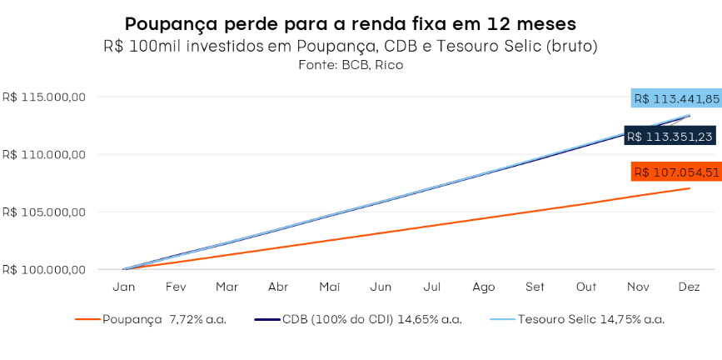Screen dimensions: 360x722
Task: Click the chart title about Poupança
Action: pyautogui.click(x=350, y=22)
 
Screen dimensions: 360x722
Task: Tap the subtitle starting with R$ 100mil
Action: pyautogui.click(x=350, y=46)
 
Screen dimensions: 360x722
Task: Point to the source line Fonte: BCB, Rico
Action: pyautogui.click(x=350, y=64)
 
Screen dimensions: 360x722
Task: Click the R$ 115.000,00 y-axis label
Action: pyautogui.click(x=45, y=97)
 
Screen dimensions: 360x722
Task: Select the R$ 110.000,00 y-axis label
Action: pyautogui.click(x=45, y=155)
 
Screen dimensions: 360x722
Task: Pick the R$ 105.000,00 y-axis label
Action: pyautogui.click(x=45, y=212)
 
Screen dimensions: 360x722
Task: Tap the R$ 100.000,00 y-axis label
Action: pyautogui.click(x=45, y=270)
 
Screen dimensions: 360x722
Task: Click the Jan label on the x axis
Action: pyautogui.click(x=124, y=287)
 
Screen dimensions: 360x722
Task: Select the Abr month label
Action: pyautogui.click(x=278, y=287)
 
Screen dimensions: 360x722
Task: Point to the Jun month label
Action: pyautogui.click(x=381, y=287)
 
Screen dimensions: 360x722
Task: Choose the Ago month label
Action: pyautogui.click(x=484, y=287)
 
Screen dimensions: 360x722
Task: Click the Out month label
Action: pyautogui.click(x=586, y=287)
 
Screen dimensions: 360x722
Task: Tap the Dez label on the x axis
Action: pyautogui.click(x=689, y=287)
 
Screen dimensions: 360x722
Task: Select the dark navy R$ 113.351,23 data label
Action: pyautogui.click(x=670, y=137)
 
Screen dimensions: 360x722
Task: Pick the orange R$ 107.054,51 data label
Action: pyautogui.click(x=675, y=172)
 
